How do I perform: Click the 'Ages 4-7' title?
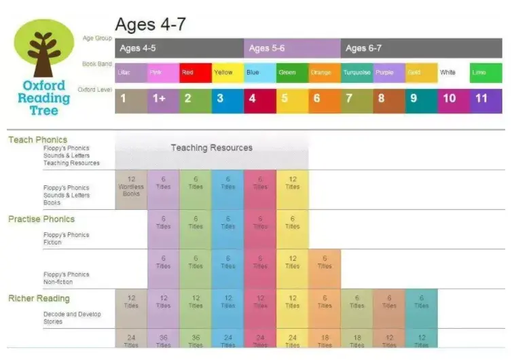150,25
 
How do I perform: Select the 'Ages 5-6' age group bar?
292,48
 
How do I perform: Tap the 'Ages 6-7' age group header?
421,48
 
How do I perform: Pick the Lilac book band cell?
131,72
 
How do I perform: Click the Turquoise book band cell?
356,72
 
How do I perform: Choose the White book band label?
448,72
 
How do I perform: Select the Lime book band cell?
486,72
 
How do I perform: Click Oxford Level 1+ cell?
163,99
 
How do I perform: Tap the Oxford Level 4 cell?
260,99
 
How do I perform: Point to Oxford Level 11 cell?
486,99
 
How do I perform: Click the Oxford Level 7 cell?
356,99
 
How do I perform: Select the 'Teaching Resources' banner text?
211,147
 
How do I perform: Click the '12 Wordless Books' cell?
131,186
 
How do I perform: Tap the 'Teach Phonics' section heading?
37,140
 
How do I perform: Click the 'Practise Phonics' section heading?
41,219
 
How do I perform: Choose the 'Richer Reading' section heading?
39,298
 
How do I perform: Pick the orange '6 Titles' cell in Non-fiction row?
325,264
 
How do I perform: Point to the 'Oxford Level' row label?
94,89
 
